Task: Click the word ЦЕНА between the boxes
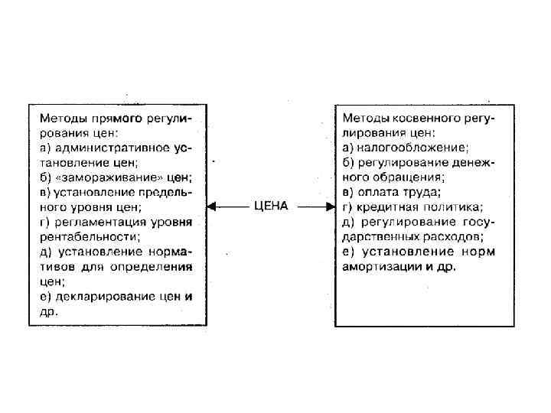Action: [270, 206]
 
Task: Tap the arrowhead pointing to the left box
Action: [214, 206]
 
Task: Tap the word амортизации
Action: [378, 265]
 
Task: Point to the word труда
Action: [425, 192]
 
